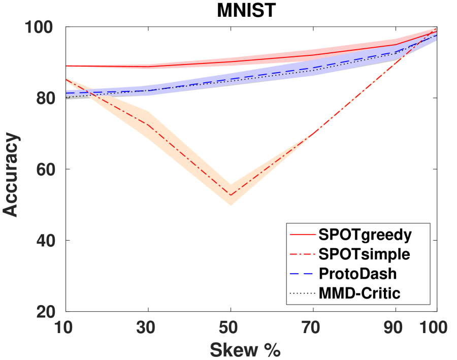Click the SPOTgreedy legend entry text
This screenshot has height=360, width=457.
(x=365, y=235)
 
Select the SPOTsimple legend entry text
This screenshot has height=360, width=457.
(x=364, y=254)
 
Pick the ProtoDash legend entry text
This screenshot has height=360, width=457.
(x=358, y=273)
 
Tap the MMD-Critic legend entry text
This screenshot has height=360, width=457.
(x=360, y=292)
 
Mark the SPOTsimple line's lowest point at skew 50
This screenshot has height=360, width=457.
(x=231, y=195)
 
